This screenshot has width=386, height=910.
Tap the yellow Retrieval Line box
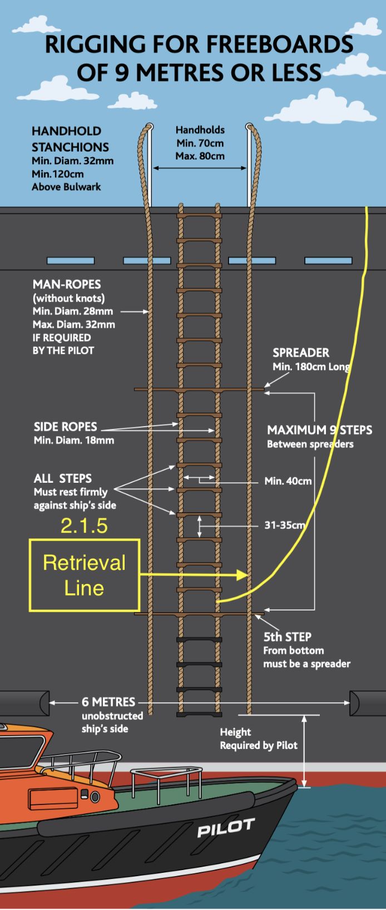click(x=84, y=576)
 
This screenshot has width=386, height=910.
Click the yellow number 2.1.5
click(x=84, y=526)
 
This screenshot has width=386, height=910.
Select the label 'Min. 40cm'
click(x=288, y=481)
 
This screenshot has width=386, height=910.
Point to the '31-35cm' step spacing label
click(x=285, y=525)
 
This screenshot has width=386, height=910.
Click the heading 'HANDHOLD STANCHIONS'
click(x=70, y=139)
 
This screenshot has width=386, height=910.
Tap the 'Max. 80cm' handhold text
click(x=200, y=156)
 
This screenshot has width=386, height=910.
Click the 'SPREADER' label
click(x=301, y=353)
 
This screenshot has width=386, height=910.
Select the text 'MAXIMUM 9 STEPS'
click(x=320, y=430)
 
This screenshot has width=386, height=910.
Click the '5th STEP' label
click(x=288, y=637)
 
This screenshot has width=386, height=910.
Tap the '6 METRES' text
click(x=108, y=702)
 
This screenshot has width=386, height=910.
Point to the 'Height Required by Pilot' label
click(x=259, y=739)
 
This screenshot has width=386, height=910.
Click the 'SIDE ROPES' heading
click(x=66, y=427)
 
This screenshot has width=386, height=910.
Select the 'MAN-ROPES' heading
click(x=67, y=284)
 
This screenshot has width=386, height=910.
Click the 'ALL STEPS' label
click(x=63, y=478)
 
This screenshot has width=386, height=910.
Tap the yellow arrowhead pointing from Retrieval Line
click(x=242, y=575)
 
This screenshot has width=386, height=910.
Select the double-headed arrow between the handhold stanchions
click(x=200, y=168)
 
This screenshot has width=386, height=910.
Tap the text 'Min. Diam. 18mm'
click(x=74, y=441)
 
